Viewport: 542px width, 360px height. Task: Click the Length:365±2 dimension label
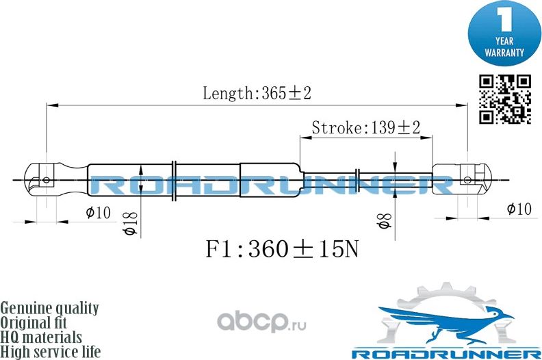257,93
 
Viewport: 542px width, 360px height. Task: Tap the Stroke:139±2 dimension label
365,127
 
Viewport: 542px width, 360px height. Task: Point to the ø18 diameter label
131,222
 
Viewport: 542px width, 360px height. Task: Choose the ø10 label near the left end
99,213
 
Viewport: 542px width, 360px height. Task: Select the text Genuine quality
49,308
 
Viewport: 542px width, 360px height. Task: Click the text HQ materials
41,337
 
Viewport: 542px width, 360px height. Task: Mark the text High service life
51,352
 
